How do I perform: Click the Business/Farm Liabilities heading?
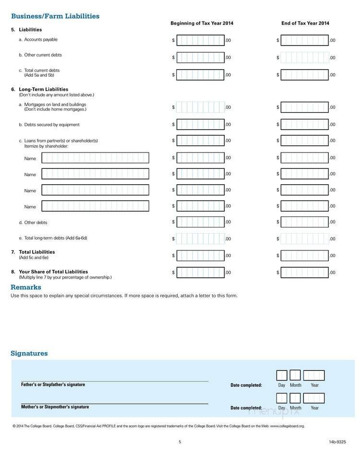click(55, 16)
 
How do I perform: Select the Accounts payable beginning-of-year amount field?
click(200, 40)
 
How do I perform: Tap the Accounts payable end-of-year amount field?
click(304, 40)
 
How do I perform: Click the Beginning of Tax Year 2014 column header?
click(202, 23)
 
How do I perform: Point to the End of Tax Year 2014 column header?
click(305, 23)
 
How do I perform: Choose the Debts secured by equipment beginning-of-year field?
click(200, 125)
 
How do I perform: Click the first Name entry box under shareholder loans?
click(95, 158)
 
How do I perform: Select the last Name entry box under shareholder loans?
click(95, 206)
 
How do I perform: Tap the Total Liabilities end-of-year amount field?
click(304, 255)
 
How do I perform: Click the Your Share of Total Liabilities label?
click(53, 272)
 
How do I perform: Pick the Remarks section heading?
click(26, 287)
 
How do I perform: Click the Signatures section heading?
click(29, 354)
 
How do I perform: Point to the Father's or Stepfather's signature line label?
click(53, 384)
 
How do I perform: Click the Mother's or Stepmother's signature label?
click(55, 407)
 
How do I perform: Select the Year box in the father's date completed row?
click(314, 375)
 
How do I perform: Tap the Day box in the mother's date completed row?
click(282, 398)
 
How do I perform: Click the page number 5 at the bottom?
click(180, 442)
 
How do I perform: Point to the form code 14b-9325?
click(337, 442)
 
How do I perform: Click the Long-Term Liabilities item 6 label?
click(43, 89)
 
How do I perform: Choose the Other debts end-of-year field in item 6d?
click(304, 222)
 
